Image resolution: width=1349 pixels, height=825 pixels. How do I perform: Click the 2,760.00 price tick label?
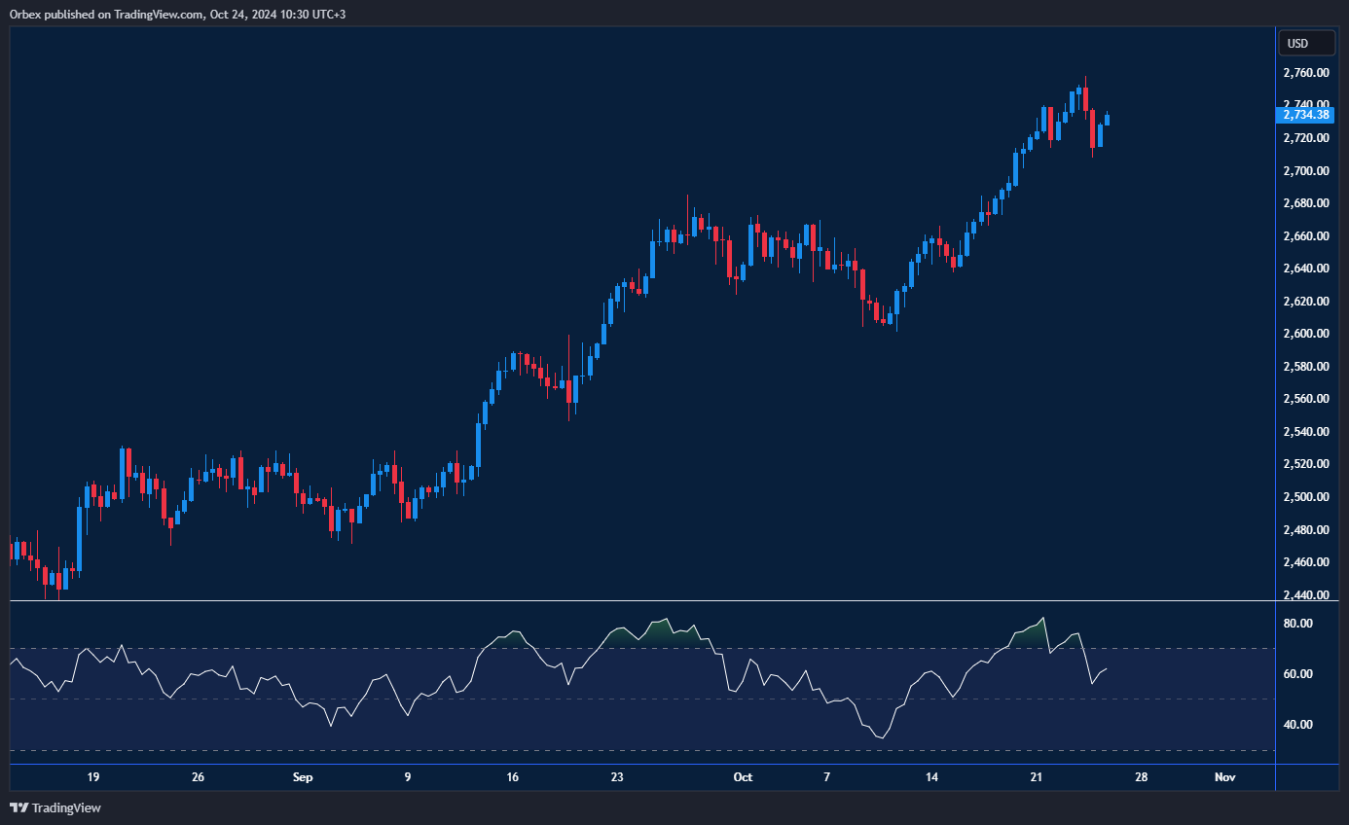[1305, 73]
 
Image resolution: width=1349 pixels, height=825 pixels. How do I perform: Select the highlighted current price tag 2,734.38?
[1304, 115]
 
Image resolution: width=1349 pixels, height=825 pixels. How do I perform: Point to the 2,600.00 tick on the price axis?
[1305, 334]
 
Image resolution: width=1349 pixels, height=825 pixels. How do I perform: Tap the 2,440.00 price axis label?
[1305, 594]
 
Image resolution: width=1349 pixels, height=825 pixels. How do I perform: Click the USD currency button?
[1297, 43]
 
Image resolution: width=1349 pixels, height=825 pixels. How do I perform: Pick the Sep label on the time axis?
[303, 777]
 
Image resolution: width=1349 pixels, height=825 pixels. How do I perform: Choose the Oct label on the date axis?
[743, 777]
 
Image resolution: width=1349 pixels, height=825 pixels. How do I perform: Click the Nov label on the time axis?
[1225, 777]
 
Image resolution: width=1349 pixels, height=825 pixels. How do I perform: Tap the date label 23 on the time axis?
[617, 777]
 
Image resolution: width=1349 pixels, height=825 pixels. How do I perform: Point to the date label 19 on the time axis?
[93, 777]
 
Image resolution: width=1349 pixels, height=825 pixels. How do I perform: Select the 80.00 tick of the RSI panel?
[1299, 624]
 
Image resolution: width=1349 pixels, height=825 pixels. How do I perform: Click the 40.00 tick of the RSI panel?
[1299, 725]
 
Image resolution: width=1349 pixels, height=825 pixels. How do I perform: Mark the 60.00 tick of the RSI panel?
[1299, 674]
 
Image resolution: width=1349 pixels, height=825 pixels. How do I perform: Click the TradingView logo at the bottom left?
[55, 807]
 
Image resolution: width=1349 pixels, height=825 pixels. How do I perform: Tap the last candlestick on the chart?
[1107, 120]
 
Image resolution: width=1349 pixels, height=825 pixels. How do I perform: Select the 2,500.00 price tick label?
[1305, 497]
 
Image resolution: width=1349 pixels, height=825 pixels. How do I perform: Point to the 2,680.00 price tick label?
[1305, 203]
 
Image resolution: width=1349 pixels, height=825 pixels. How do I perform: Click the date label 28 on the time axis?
[1142, 777]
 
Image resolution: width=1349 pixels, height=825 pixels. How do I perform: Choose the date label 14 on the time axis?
[931, 777]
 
